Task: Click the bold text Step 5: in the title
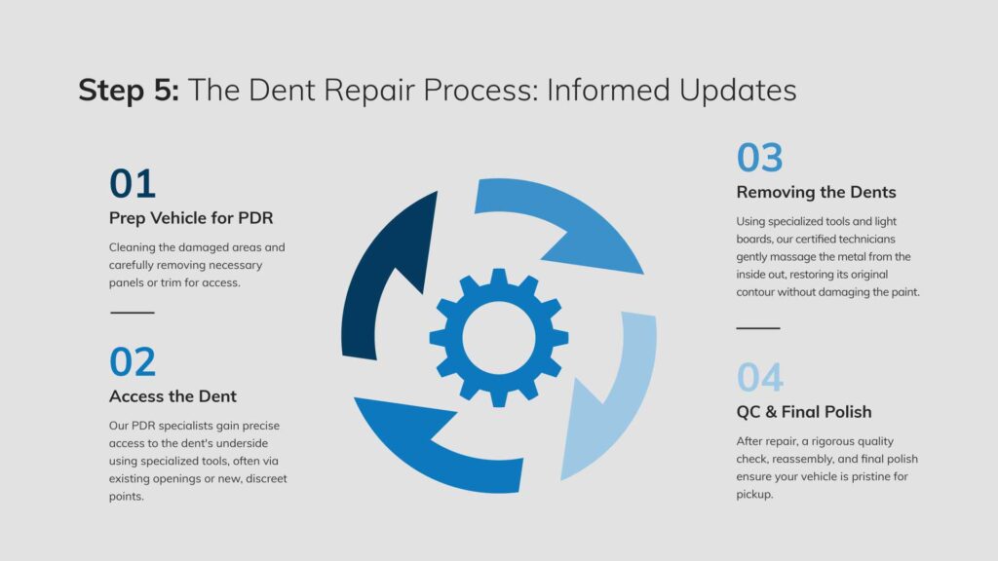coord(129,91)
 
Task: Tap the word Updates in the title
coord(738,91)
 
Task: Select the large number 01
coord(133,184)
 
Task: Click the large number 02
coord(133,362)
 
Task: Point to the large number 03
coord(760,158)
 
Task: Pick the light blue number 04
coord(760,377)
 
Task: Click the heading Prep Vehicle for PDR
coord(191,218)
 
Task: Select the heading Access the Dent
coord(173,396)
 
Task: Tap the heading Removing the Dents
coord(816,192)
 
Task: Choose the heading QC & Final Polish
coord(804,412)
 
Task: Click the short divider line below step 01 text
coord(133,313)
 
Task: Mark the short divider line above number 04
coord(758,328)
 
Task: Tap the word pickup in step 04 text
coord(753,494)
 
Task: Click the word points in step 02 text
coord(125,496)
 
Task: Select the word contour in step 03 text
coord(755,292)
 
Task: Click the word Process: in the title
coord(480,91)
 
